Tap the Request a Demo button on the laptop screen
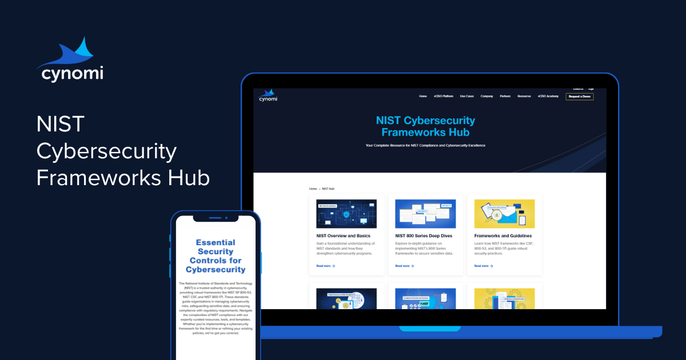pyautogui.click(x=579, y=97)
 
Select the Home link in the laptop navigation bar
pyautogui.click(x=422, y=97)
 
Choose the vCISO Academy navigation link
pyautogui.click(x=548, y=97)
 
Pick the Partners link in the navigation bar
pyautogui.click(x=505, y=97)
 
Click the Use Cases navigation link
pyautogui.click(x=466, y=97)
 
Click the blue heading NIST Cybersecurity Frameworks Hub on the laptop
pyautogui.click(x=425, y=126)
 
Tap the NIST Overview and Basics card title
pyautogui.click(x=343, y=236)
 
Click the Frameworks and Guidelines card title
pyautogui.click(x=502, y=236)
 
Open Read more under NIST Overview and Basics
pyautogui.click(x=325, y=266)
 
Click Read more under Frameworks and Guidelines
pyautogui.click(x=483, y=266)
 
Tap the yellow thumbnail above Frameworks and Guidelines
pyautogui.click(x=504, y=214)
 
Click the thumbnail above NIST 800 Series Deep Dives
pyautogui.click(x=425, y=214)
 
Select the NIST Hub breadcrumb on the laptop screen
pyautogui.click(x=328, y=189)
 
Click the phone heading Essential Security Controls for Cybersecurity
pyautogui.click(x=216, y=255)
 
